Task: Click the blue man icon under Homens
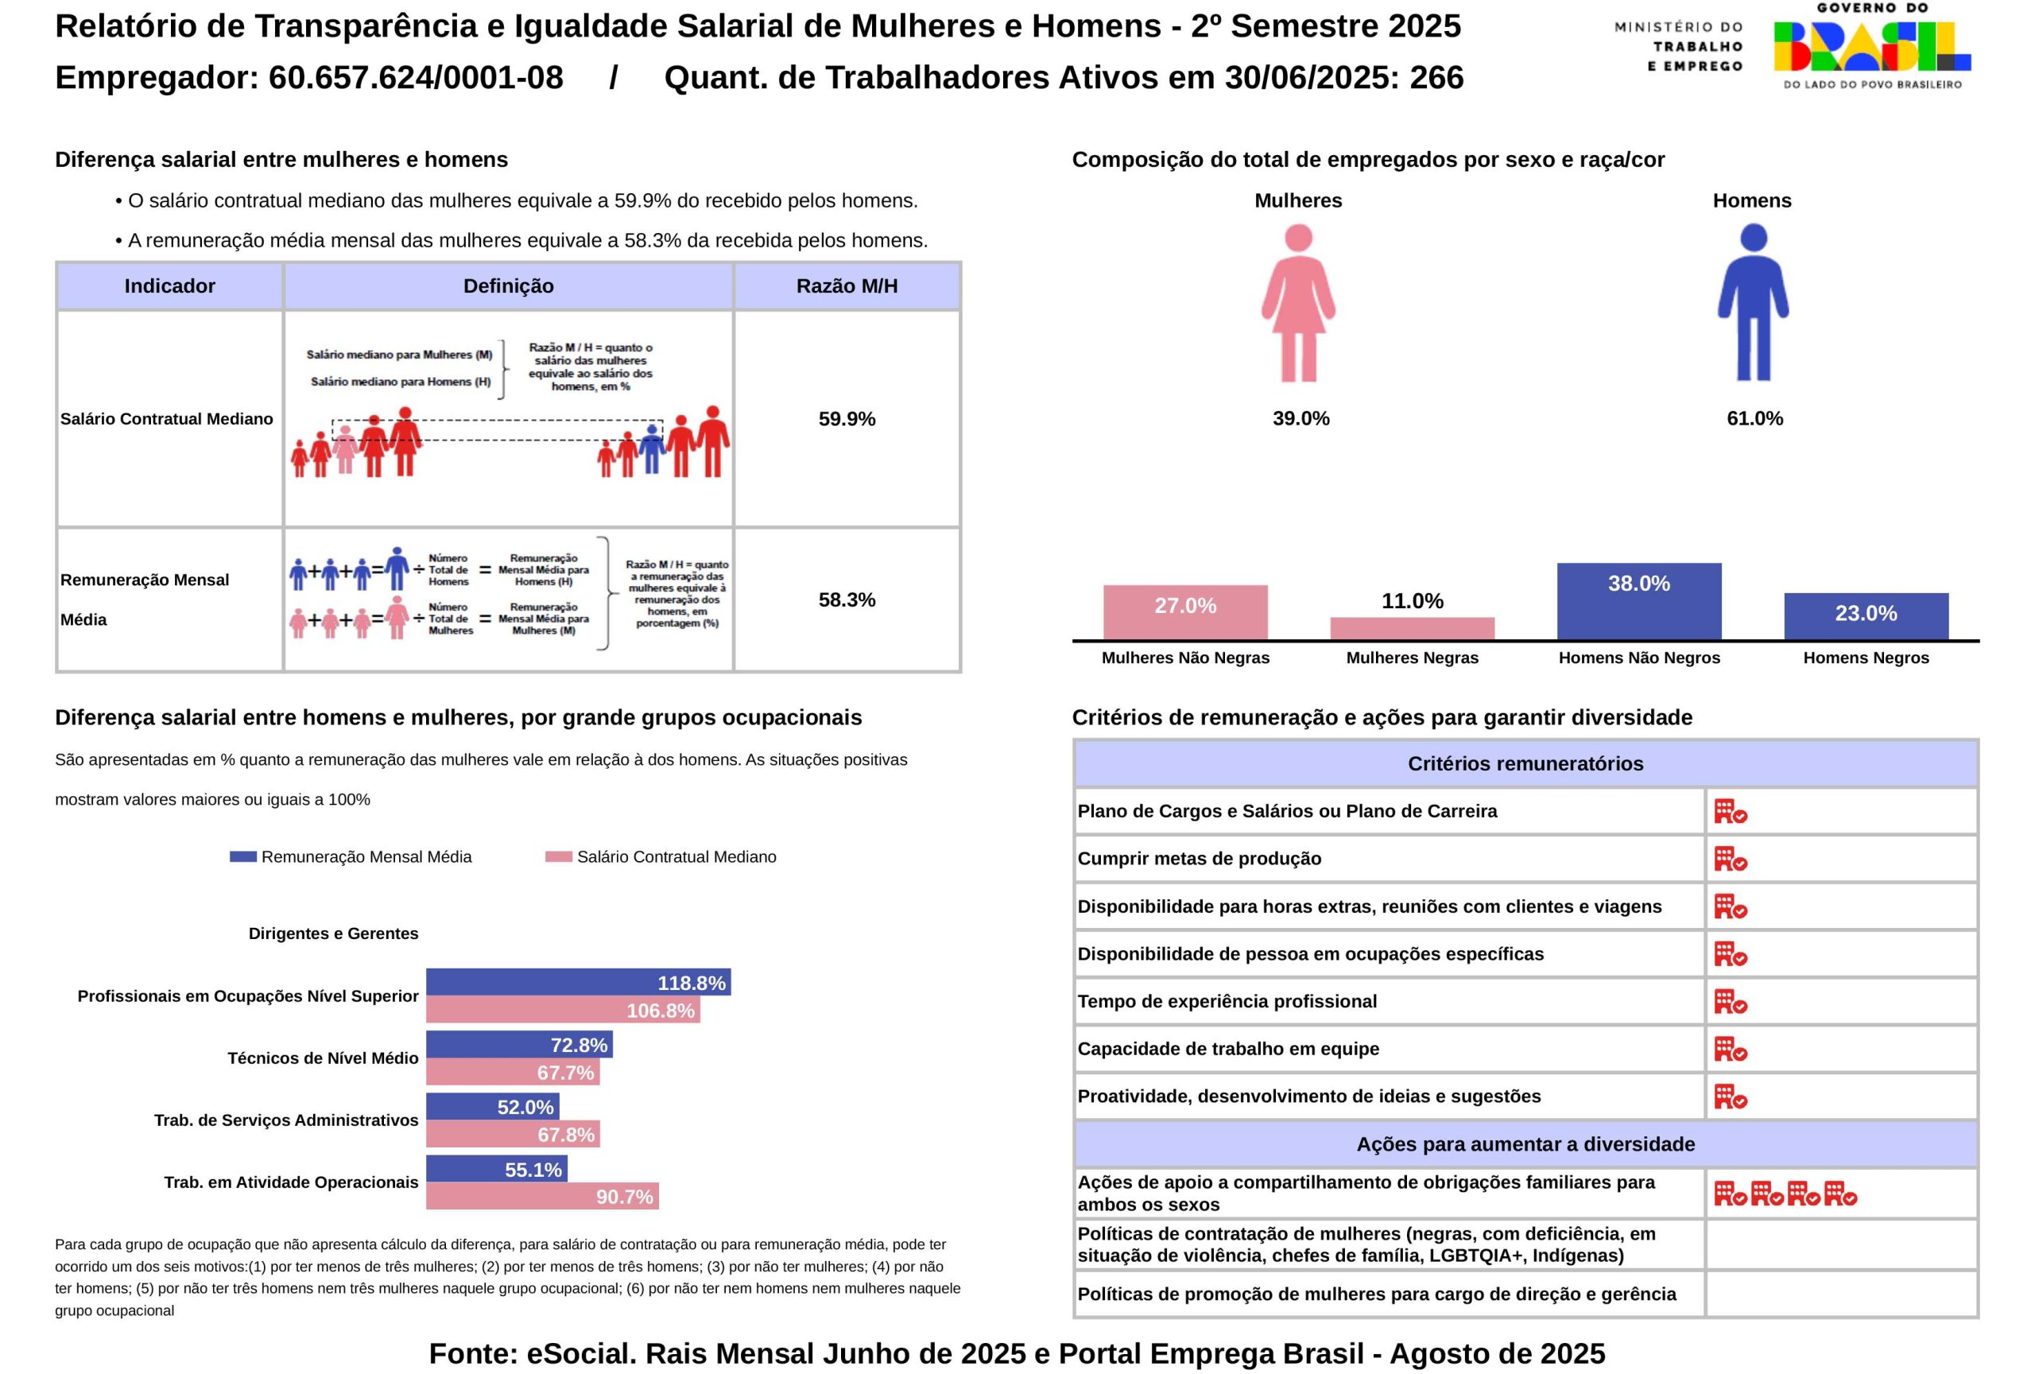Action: tap(1752, 303)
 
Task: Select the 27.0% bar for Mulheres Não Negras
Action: tap(1184, 612)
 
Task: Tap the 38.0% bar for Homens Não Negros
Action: tap(1638, 601)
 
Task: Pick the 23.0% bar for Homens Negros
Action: tap(1865, 616)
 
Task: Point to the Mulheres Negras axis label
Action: tap(1412, 658)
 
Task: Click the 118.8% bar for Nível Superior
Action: tap(578, 982)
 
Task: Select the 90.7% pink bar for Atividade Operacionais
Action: tap(542, 1196)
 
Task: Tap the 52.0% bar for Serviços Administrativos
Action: tap(492, 1106)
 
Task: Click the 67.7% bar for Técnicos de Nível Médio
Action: tap(512, 1072)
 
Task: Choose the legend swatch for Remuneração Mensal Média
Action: tap(242, 856)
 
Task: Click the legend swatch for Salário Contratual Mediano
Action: tap(558, 856)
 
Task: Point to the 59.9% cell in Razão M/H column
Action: tap(847, 418)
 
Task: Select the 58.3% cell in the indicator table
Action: tap(847, 600)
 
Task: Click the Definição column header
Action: tap(508, 286)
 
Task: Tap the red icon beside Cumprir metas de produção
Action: tap(1730, 859)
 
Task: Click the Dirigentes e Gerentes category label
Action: tap(333, 933)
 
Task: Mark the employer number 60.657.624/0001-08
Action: tap(416, 78)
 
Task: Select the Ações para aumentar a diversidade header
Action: tap(1525, 1143)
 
